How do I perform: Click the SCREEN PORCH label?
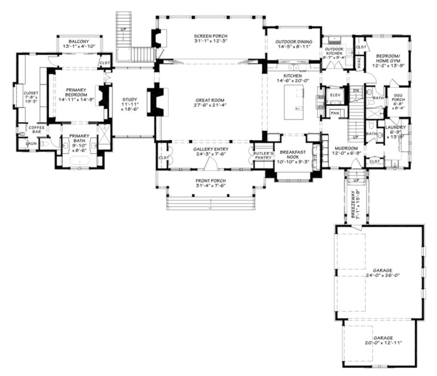[210, 37]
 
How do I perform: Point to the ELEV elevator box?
[335, 96]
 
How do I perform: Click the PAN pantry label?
[335, 113]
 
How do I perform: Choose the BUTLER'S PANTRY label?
[263, 156]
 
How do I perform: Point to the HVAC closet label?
[360, 64]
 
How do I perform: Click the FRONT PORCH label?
[210, 181]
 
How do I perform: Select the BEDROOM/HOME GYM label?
[389, 57]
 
